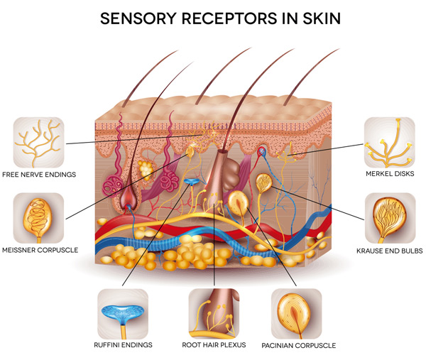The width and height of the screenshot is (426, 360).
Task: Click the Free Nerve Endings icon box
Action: [38, 141]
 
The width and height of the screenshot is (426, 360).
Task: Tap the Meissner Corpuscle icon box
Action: [38, 218]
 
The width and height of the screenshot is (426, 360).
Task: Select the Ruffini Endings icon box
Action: [122, 313]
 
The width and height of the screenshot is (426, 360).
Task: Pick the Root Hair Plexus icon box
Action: [214, 313]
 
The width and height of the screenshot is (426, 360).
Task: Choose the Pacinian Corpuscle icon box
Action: [296, 313]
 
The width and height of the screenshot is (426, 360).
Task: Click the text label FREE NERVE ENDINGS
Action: [38, 174]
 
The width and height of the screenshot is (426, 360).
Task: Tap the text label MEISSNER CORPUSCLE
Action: [40, 250]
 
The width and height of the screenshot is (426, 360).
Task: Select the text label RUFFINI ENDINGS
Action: [122, 346]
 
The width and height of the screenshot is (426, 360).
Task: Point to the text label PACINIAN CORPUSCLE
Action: [299, 346]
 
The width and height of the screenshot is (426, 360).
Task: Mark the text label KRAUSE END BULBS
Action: [389, 251]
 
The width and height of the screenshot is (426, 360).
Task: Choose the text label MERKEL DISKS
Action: [389, 174]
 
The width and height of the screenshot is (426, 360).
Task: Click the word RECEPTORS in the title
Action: [225, 17]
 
